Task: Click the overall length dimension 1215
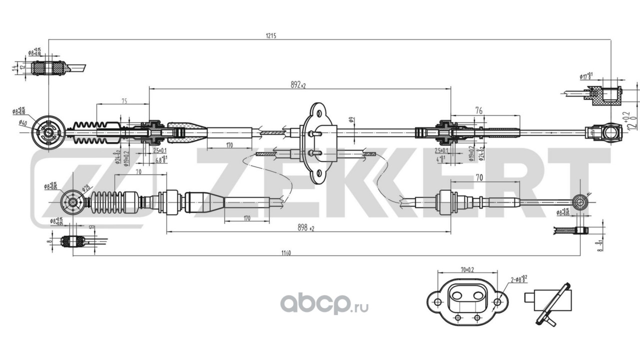pyautogui.click(x=271, y=35)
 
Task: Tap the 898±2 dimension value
pyautogui.click(x=305, y=228)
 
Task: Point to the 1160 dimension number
pyautogui.click(x=285, y=252)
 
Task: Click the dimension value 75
pyautogui.click(x=124, y=100)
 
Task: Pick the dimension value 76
pyautogui.click(x=478, y=111)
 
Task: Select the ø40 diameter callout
pyautogui.click(x=22, y=122)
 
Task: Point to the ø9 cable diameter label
pyautogui.click(x=351, y=119)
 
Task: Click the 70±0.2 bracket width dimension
pyautogui.click(x=467, y=269)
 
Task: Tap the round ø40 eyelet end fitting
pyautogui.click(x=48, y=131)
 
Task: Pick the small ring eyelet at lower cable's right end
pyautogui.click(x=580, y=202)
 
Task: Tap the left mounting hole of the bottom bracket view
pyautogui.click(x=437, y=302)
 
